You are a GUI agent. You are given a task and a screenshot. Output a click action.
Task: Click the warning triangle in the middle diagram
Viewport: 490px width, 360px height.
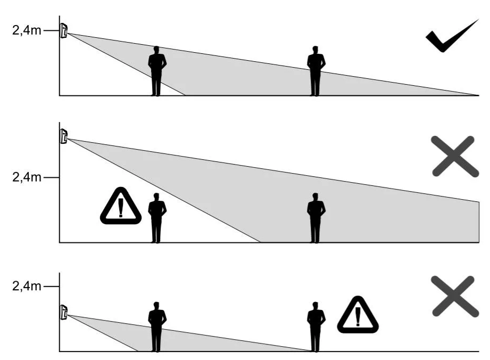click(121, 206)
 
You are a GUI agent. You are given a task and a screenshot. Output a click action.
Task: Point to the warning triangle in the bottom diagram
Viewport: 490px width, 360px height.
click(358, 315)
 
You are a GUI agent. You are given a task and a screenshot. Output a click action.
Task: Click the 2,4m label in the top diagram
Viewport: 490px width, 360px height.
click(26, 31)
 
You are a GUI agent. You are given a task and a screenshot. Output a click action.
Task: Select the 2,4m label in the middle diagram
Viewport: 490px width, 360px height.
click(26, 177)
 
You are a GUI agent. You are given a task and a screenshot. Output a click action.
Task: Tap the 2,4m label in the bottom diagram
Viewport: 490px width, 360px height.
click(26, 287)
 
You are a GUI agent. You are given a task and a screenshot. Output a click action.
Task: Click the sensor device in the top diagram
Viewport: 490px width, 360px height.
click(64, 31)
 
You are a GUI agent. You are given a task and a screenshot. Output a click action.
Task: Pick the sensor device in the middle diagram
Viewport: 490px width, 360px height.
click(64, 136)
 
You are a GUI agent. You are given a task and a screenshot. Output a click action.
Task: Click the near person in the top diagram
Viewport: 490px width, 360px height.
click(156, 71)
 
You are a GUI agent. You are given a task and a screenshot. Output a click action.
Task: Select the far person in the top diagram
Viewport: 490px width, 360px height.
click(316, 71)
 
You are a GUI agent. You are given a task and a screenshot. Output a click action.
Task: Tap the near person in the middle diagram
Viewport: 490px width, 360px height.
click(156, 218)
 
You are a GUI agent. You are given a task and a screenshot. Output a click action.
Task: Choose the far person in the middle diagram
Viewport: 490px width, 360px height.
click(316, 218)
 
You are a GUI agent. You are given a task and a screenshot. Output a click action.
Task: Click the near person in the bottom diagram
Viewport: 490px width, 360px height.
click(156, 327)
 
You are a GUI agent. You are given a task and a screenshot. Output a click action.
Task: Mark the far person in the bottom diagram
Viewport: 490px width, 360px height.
click(316, 327)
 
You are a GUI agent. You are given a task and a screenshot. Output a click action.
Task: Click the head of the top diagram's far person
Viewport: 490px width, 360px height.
click(316, 50)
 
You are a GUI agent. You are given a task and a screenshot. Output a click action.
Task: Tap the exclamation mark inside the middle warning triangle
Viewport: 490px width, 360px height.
click(121, 208)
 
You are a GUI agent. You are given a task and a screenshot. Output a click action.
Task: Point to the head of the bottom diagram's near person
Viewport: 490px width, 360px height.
click(156, 306)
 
